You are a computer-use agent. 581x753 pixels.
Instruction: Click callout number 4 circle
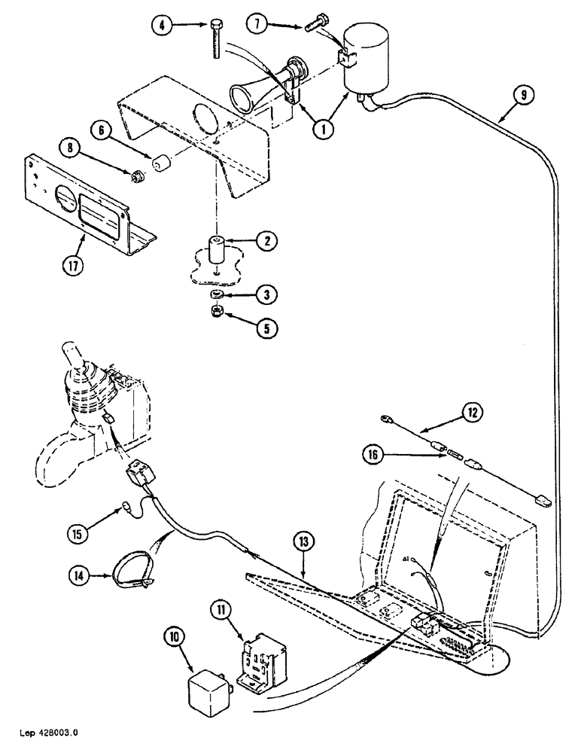161,25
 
